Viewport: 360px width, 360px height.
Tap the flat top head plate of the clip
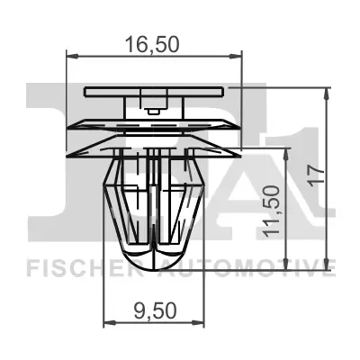pos(155,92)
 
